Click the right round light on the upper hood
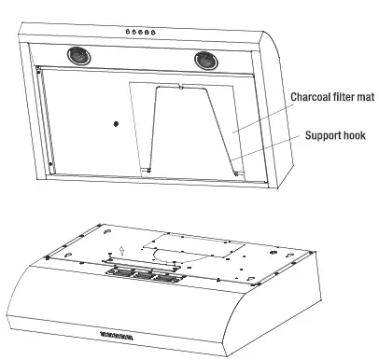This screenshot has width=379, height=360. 207,61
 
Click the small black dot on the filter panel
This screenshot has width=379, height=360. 115,123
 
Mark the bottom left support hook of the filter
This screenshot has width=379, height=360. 146,169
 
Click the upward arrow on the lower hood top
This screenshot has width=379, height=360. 121,250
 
